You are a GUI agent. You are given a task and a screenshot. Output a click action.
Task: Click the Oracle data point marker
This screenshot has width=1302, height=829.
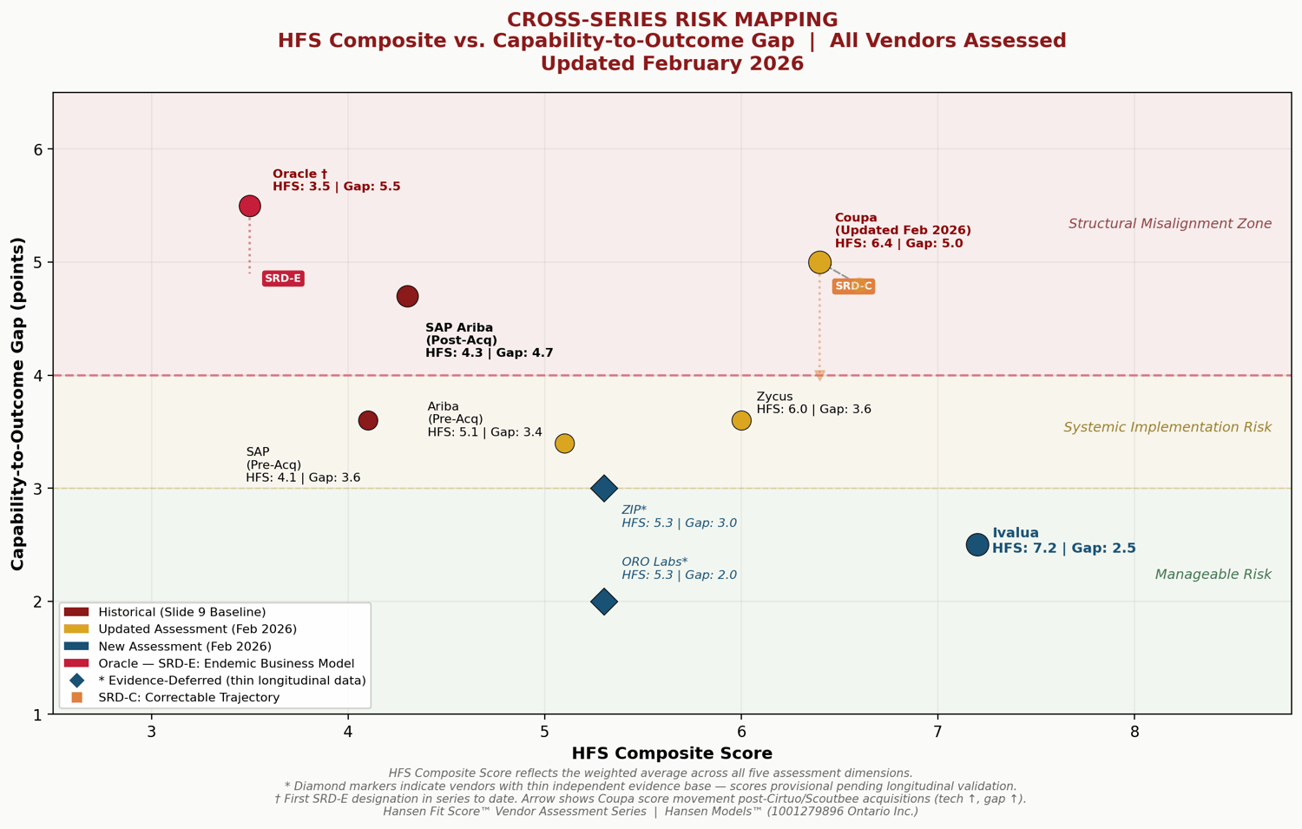250,206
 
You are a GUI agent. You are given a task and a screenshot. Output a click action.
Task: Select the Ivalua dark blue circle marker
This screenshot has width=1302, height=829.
977,544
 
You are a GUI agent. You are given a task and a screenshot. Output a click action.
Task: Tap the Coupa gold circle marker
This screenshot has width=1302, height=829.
819,262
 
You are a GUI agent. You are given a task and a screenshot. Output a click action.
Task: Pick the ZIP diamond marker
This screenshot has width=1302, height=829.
604,488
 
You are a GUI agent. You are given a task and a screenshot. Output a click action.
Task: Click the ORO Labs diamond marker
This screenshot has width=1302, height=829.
604,602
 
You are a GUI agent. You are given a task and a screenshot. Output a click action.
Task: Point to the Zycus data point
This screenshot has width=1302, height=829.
741,420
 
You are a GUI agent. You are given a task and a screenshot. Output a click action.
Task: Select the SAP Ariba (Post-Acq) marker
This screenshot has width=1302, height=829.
407,296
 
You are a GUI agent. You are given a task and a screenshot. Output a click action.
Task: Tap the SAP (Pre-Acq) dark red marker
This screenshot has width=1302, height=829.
368,420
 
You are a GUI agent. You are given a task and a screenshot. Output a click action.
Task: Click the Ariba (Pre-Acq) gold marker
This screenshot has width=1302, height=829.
564,444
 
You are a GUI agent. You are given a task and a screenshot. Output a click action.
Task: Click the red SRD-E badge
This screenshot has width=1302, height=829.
283,279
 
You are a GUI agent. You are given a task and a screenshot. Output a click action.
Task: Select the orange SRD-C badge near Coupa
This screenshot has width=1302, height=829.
853,286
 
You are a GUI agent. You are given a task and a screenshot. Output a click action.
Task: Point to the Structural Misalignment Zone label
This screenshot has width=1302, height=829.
1169,224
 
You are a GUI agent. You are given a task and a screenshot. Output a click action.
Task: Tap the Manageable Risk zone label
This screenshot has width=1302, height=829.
1213,575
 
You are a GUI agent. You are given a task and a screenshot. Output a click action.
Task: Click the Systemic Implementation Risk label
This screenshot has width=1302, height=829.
1167,427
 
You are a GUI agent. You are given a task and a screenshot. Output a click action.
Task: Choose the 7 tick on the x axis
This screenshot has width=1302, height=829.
937,731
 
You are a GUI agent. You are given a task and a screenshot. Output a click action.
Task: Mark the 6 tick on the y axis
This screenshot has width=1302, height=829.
38,149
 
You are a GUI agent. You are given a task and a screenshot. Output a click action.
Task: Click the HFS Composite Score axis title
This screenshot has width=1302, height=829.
672,753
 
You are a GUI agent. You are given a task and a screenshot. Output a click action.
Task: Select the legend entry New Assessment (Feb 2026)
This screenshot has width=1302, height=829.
184,647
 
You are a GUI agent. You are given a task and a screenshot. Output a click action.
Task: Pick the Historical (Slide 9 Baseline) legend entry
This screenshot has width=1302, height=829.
181,612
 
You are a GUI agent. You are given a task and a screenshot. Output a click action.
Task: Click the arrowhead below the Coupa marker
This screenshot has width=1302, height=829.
819,376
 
